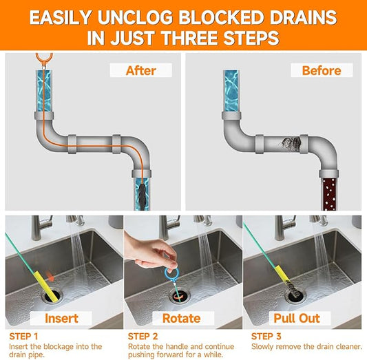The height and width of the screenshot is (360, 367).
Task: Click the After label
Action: [140, 70]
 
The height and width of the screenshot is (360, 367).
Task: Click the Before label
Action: [322, 70]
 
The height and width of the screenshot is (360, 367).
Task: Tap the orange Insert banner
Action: [61, 319]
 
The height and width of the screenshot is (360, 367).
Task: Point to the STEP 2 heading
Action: [143, 336]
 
